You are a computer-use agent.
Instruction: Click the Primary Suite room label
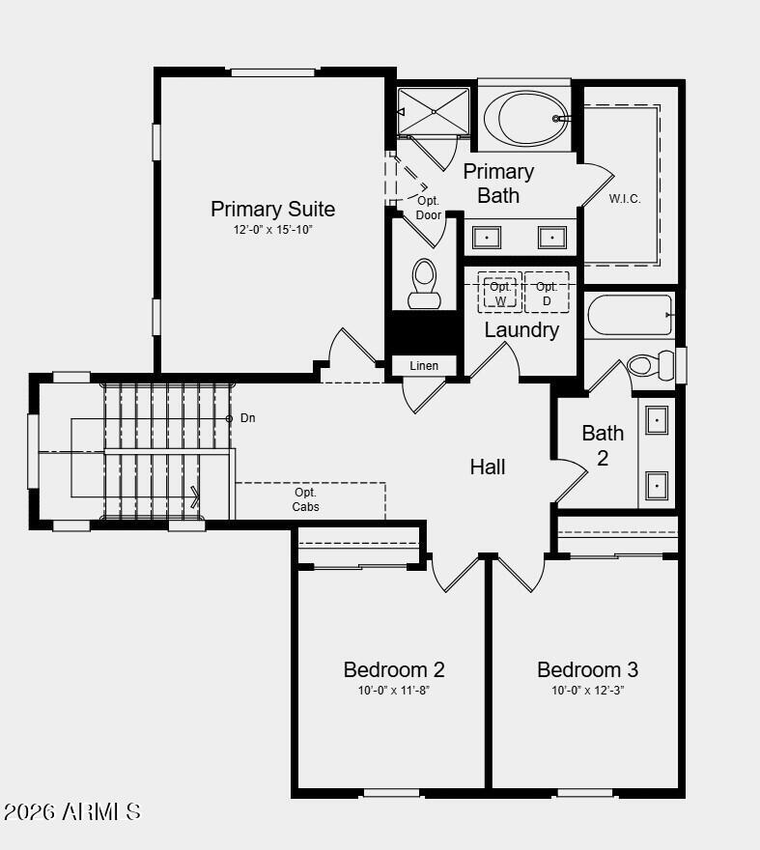point(273,209)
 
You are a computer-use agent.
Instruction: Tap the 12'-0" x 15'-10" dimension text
point(273,230)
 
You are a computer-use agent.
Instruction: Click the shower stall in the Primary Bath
point(434,112)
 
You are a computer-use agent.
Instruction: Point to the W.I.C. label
point(625,199)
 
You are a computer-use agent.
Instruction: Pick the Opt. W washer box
point(500,293)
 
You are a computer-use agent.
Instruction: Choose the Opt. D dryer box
point(547,293)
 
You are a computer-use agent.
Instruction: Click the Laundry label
point(521,330)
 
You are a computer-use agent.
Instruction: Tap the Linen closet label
point(424,366)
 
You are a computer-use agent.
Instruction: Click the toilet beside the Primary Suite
point(424,284)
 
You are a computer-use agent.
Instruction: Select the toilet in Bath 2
point(651,365)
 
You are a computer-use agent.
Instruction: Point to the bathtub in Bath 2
point(630,314)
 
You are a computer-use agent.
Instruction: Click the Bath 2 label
point(603,444)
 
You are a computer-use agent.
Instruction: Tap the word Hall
point(488,467)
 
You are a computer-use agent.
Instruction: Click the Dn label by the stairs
point(248,418)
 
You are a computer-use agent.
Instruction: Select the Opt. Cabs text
point(305,499)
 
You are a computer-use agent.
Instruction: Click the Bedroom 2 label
point(394,669)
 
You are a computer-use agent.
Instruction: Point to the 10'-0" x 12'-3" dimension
point(587,691)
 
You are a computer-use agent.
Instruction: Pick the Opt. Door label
point(428,208)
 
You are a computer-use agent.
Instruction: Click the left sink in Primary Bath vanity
point(486,237)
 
